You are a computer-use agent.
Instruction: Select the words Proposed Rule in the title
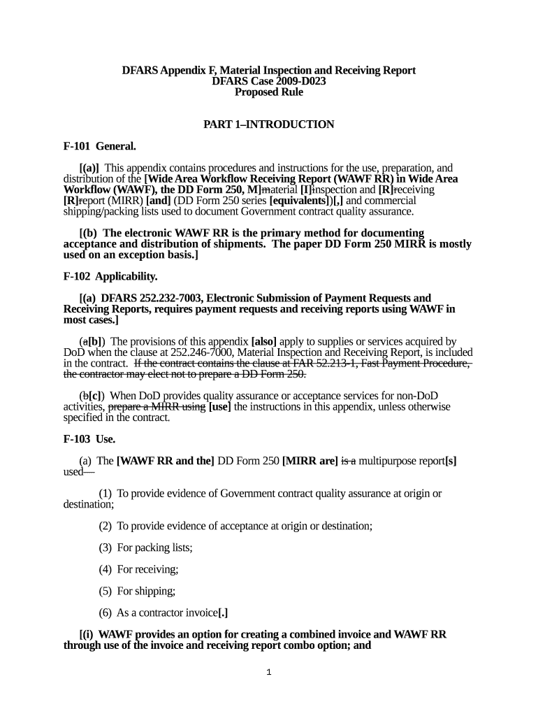[x=269, y=92]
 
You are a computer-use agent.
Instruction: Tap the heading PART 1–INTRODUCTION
[x=269, y=124]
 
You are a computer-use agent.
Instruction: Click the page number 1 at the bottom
[x=268, y=673]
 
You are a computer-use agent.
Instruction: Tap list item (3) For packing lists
[x=145, y=547]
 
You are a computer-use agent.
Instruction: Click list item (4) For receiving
[x=138, y=569]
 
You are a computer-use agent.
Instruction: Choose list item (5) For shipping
[x=136, y=591]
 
